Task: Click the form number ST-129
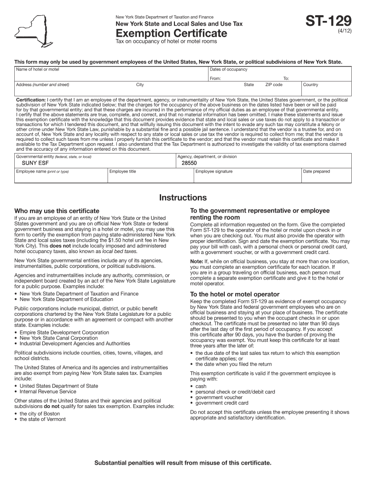pyautogui.click(x=328, y=21)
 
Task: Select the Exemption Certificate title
pyautogui.click(x=172, y=33)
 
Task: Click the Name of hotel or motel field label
pyautogui.click(x=38, y=69)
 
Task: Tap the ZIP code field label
pyautogui.click(x=273, y=85)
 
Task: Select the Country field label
pyautogui.click(x=310, y=85)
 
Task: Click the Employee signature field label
pyautogui.click(x=214, y=172)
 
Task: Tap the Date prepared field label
pyautogui.click(x=317, y=172)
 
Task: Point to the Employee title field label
pyautogui.click(x=123, y=172)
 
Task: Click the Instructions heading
pyautogui.click(x=183, y=197)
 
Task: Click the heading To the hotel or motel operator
pyautogui.click(x=235, y=294)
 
